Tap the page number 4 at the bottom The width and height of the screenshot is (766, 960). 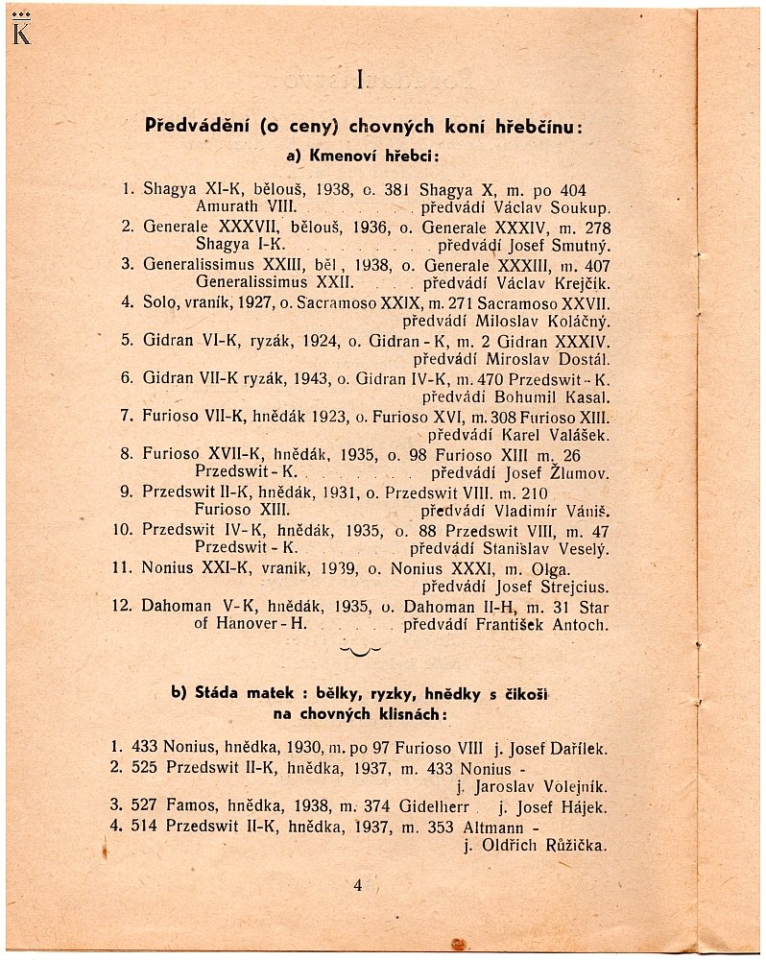[x=357, y=886]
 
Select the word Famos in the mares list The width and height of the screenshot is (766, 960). [x=192, y=807]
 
